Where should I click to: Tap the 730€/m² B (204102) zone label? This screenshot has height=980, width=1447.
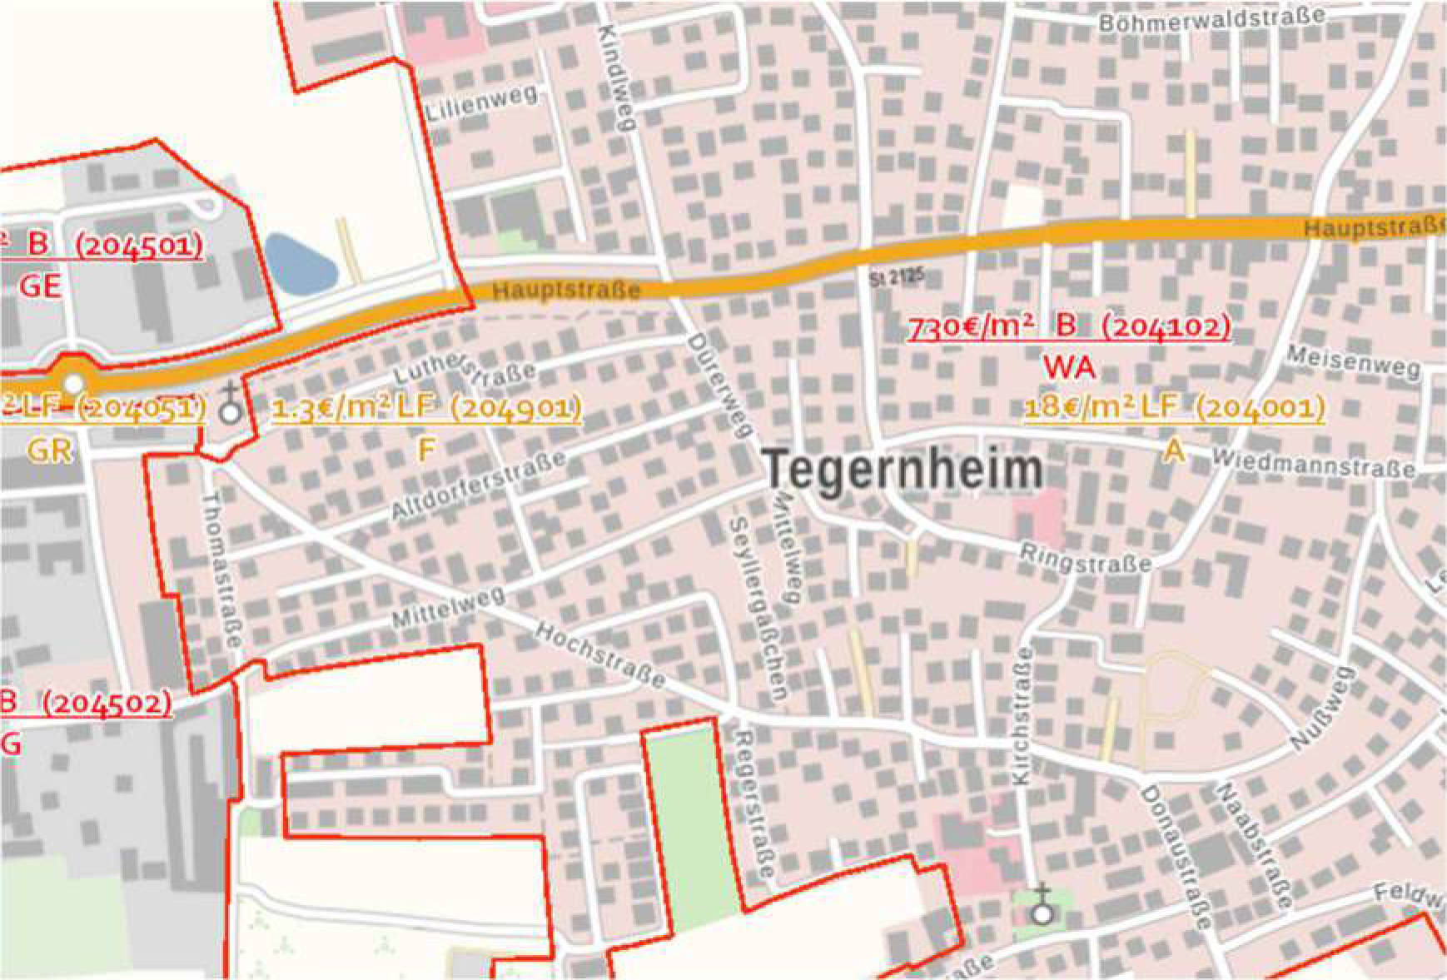pyautogui.click(x=1068, y=327)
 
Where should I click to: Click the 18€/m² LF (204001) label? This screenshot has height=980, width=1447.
pyautogui.click(x=1174, y=408)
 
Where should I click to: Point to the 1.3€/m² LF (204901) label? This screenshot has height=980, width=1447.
pyautogui.click(x=426, y=409)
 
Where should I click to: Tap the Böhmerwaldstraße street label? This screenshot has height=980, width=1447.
pyautogui.click(x=1211, y=19)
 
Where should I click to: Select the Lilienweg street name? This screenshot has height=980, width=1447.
pyautogui.click(x=481, y=105)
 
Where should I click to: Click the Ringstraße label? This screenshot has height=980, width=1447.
pyautogui.click(x=1086, y=559)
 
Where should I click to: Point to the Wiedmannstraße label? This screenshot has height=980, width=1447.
pyautogui.click(x=1313, y=464)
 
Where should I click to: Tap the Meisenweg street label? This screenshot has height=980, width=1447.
pyautogui.click(x=1353, y=362)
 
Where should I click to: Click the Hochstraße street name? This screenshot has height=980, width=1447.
pyautogui.click(x=599, y=655)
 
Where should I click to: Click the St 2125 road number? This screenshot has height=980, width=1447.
pyautogui.click(x=897, y=278)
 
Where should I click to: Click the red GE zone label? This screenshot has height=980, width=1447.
pyautogui.click(x=41, y=286)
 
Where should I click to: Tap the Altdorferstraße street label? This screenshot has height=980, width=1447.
pyautogui.click(x=480, y=484)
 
